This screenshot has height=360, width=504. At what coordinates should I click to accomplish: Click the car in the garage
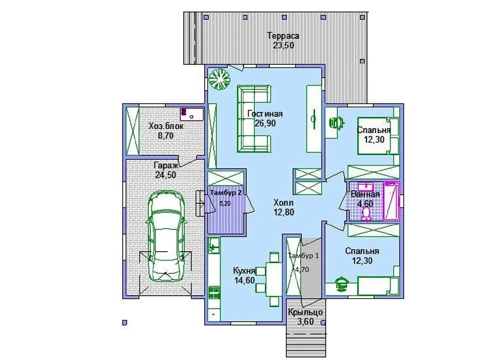pos(166,236)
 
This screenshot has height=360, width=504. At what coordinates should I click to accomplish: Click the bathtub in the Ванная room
pos(392,201)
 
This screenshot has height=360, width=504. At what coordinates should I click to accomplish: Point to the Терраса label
pos(283,36)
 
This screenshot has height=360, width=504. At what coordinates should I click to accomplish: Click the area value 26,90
pos(265,123)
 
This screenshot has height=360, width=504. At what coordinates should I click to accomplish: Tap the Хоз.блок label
pos(166,126)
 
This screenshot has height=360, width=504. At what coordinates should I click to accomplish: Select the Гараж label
pos(166,166)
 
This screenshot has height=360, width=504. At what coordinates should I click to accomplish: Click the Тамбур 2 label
pos(226,193)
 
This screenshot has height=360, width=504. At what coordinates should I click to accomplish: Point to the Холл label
pos(283,203)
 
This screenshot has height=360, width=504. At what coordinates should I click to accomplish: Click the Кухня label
pos(244,270)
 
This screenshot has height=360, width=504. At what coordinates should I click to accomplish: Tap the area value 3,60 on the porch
pos(305,322)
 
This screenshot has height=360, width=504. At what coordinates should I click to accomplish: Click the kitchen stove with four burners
pos(214,292)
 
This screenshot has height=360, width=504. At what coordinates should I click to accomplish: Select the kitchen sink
pos(214,246)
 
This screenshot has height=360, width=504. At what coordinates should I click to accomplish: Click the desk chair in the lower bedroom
pos(342,285)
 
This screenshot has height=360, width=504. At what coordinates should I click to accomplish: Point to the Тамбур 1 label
pos(303,256)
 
